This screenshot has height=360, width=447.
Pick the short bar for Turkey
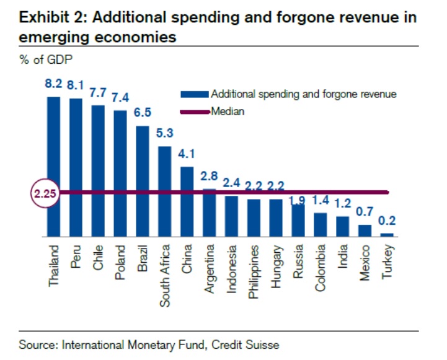pyautogui.click(x=386, y=234)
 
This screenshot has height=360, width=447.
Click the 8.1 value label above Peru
pyautogui.click(x=76, y=86)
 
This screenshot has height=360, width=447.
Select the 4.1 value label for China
pyautogui.click(x=187, y=154)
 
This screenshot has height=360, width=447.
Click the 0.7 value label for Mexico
pyautogui.click(x=365, y=211)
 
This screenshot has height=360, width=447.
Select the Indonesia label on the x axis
pyautogui.click(x=232, y=266)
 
